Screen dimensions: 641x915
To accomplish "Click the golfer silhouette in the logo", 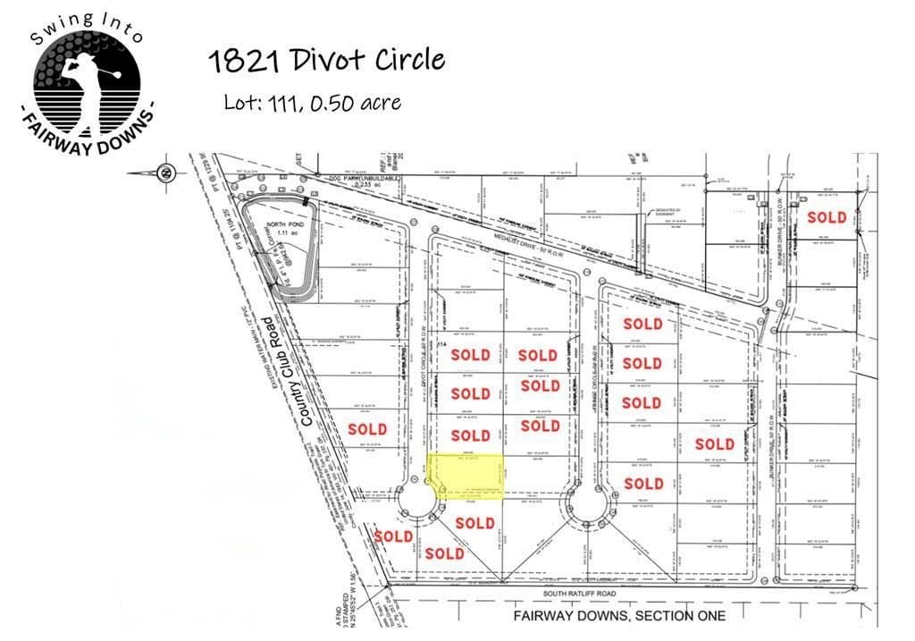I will tap(84, 75).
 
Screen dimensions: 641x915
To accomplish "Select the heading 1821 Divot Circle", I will tap(325, 61).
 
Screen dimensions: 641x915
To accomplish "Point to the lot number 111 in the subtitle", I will tap(284, 103).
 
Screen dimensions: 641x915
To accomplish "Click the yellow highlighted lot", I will tap(466, 473).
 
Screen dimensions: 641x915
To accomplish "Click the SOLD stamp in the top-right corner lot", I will tap(827, 217).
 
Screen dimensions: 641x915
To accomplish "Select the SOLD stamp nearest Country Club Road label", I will tap(367, 429).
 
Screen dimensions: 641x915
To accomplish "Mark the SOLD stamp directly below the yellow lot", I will tap(474, 523).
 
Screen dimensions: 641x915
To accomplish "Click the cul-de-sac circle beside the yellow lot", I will tap(416, 506).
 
